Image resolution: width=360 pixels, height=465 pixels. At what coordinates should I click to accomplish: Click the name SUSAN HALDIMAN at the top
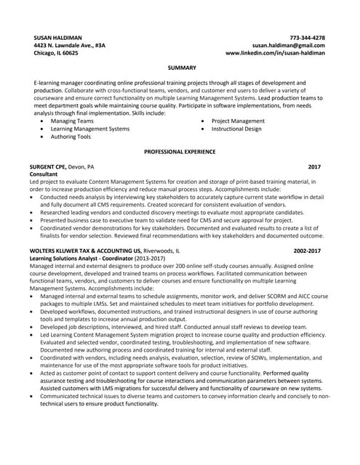click(57, 37)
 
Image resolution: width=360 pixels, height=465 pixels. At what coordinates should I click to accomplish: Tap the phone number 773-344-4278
click(307, 37)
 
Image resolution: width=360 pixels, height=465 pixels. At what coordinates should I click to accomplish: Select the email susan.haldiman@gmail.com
click(289, 45)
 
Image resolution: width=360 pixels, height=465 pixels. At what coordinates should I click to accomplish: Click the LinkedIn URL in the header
click(275, 53)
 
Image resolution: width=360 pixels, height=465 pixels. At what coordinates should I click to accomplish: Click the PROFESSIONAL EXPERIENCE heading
click(180, 152)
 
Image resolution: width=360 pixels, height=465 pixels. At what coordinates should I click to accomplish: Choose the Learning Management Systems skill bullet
click(90, 129)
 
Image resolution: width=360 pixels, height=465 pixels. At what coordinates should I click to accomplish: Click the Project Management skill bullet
click(238, 121)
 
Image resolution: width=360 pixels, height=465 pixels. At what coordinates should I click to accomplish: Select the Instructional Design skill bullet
click(236, 129)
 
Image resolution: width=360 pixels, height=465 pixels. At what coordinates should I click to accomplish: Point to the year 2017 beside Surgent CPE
click(314, 167)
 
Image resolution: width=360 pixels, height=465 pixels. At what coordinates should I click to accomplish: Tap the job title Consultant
click(46, 175)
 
